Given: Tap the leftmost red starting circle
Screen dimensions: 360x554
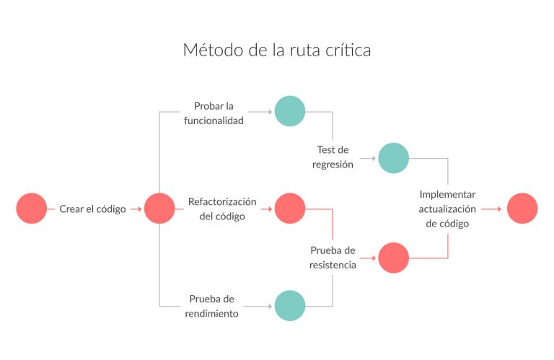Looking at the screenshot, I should click(x=32, y=208).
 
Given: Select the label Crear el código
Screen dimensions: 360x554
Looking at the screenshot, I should click(x=92, y=209).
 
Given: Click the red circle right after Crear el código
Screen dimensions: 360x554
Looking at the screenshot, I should click(x=159, y=208).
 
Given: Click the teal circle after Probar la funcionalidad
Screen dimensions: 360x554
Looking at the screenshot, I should click(x=290, y=111).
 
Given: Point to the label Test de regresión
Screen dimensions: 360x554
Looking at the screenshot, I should click(x=333, y=157).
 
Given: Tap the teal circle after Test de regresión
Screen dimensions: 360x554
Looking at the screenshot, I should click(x=394, y=158).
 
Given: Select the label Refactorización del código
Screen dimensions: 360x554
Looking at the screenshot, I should click(x=222, y=208).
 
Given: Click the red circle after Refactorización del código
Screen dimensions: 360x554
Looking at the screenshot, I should click(x=290, y=208).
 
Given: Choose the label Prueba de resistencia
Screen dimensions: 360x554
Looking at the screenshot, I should click(x=333, y=258).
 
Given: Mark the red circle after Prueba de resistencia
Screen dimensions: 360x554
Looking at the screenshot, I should click(x=394, y=258).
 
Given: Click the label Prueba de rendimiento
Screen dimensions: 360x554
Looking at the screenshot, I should click(x=214, y=307).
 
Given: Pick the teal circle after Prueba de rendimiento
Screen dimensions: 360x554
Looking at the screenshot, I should click(x=290, y=305).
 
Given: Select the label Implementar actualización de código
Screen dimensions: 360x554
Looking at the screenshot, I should click(x=447, y=209).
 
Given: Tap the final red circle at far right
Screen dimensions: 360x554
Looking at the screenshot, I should click(x=522, y=208).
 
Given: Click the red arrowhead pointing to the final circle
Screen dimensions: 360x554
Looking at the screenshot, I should click(x=499, y=209).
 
